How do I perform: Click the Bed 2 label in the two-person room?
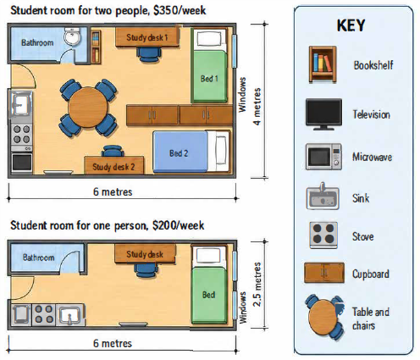(x=179, y=153)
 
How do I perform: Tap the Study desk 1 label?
(x=146, y=37)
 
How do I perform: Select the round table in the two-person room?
(x=88, y=107)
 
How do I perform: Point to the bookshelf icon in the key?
(x=323, y=64)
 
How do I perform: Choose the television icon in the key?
(x=323, y=114)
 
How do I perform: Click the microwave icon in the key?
(x=323, y=157)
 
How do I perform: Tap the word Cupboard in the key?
(x=371, y=274)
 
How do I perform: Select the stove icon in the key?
(x=323, y=235)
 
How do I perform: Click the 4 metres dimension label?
(x=257, y=107)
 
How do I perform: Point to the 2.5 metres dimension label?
(x=257, y=285)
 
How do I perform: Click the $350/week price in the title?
(x=180, y=10)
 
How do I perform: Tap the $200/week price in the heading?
(x=178, y=225)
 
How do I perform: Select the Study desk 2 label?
(x=113, y=167)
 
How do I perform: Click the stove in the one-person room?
(x=44, y=314)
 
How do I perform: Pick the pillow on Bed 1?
(x=209, y=38)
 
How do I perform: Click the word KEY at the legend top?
(x=351, y=25)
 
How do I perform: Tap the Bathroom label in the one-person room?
(x=38, y=258)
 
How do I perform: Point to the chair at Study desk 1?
(x=149, y=53)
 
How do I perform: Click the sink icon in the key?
(x=323, y=197)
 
